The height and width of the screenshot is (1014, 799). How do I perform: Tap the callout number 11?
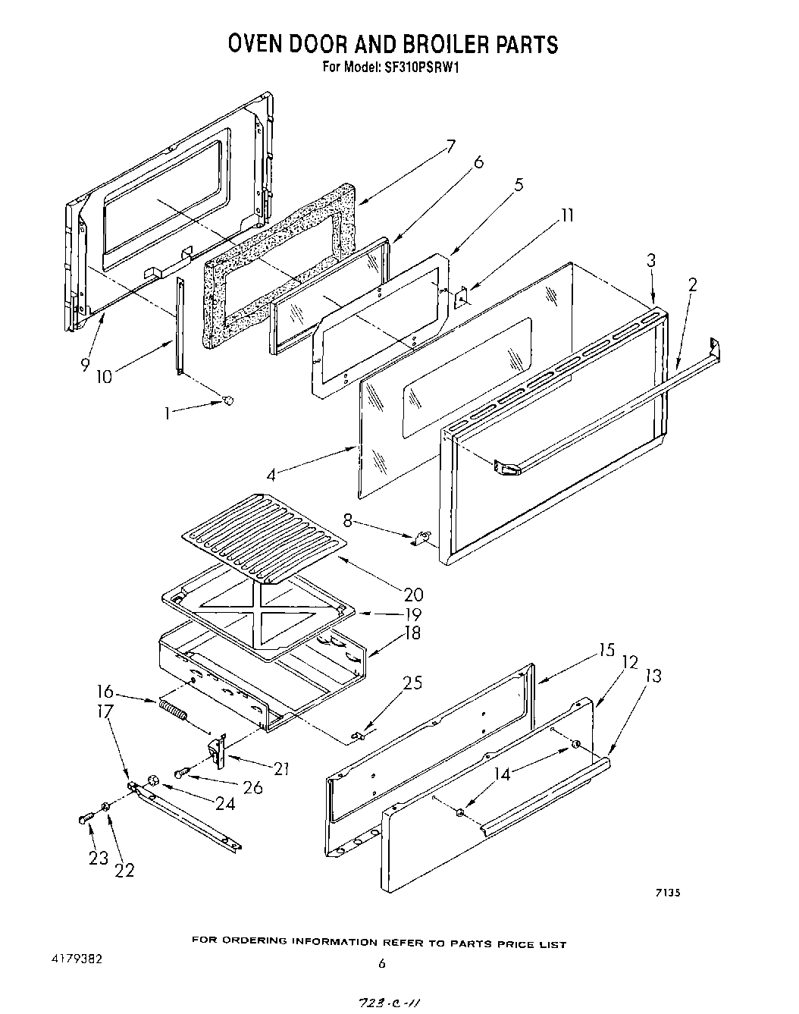pyautogui.click(x=566, y=216)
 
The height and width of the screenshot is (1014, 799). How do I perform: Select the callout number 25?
pyautogui.click(x=412, y=683)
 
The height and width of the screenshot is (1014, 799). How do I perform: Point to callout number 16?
pyautogui.click(x=105, y=691)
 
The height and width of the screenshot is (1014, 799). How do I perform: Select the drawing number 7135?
pyautogui.click(x=667, y=893)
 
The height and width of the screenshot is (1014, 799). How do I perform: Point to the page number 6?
pyautogui.click(x=382, y=963)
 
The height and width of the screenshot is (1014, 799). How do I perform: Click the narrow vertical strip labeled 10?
pyautogui.click(x=179, y=325)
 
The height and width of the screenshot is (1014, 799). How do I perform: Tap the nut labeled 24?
pyautogui.click(x=152, y=780)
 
